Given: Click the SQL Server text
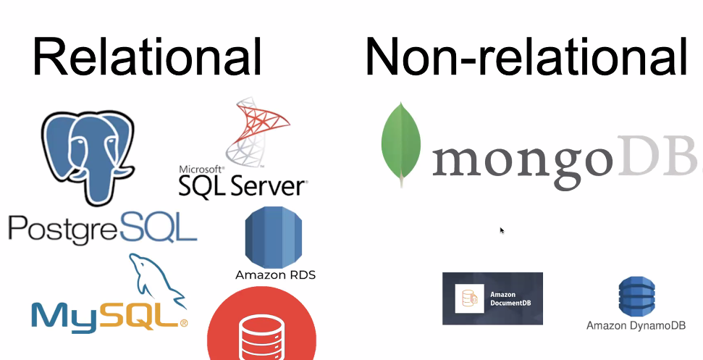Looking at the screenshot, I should (242, 186).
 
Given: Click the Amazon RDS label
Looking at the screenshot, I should (275, 275).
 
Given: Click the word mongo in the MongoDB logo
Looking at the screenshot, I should (523, 162).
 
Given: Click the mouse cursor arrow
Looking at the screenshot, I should (502, 230).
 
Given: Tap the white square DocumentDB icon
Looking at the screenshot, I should (469, 298).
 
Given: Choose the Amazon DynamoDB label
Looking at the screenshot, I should (636, 326).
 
